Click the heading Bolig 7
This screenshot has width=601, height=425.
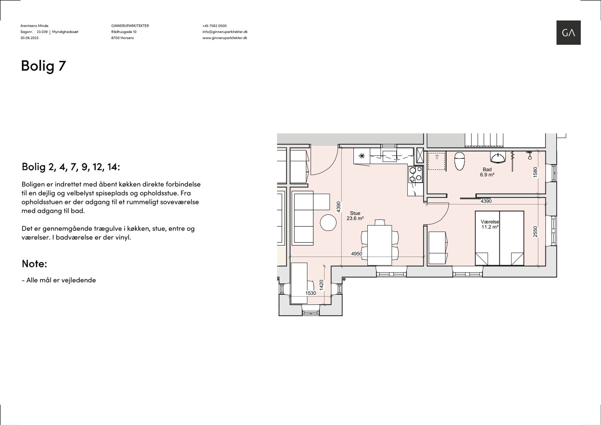click(x=43, y=65)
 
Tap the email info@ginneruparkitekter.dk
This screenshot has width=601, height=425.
click(x=225, y=32)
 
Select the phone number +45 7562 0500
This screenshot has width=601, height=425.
click(x=214, y=26)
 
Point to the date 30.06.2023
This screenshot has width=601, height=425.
click(x=30, y=38)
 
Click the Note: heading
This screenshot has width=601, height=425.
click(x=34, y=264)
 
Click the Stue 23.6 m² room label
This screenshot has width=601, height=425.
click(x=355, y=216)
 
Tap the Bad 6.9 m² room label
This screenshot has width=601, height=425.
click(x=487, y=172)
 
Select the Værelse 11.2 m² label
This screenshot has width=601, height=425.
click(x=490, y=224)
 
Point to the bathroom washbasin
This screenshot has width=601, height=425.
click(x=498, y=158)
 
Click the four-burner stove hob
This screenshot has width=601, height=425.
click(x=416, y=174)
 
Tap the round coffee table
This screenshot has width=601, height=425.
click(x=328, y=223)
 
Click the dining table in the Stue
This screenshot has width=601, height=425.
click(x=380, y=245)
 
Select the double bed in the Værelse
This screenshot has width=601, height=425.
click(x=500, y=238)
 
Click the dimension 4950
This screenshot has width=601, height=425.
click(x=356, y=254)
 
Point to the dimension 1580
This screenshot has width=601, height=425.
click(x=535, y=172)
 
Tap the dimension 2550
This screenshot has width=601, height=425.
click(x=535, y=232)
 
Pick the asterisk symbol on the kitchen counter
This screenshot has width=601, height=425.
click(x=362, y=156)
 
